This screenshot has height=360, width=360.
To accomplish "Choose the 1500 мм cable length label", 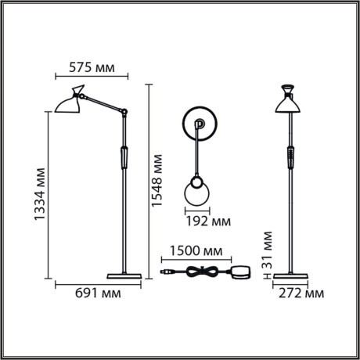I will [x=195, y=252].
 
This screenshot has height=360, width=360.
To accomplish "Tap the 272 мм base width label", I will [x=301, y=293].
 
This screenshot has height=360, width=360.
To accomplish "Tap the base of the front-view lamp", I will [x=289, y=275].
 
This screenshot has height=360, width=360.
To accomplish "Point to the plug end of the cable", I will [x=165, y=272].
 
